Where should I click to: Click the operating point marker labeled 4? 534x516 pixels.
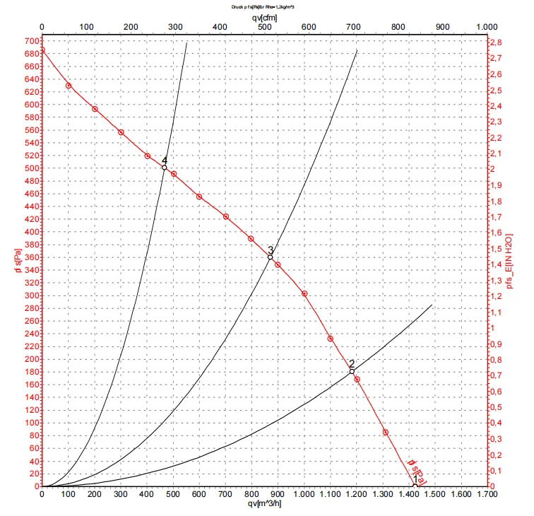[165, 168]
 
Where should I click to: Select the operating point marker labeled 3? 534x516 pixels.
[270, 257]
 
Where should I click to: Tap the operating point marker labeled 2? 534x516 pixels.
[352, 371]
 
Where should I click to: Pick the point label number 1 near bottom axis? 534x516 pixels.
[415, 479]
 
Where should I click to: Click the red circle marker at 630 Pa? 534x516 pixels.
[69, 86]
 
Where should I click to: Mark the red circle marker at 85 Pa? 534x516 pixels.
[386, 432]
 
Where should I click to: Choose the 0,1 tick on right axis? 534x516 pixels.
[497, 471]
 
